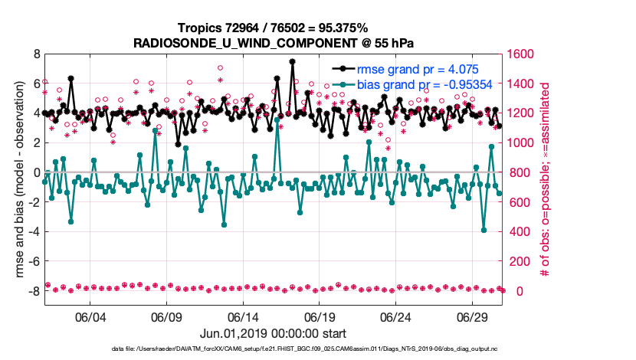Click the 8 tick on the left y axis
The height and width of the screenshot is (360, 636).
35,54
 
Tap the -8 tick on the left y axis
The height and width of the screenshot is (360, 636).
33,292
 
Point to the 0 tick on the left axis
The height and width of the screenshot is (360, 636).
35,173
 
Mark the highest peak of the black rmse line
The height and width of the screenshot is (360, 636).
292,61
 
